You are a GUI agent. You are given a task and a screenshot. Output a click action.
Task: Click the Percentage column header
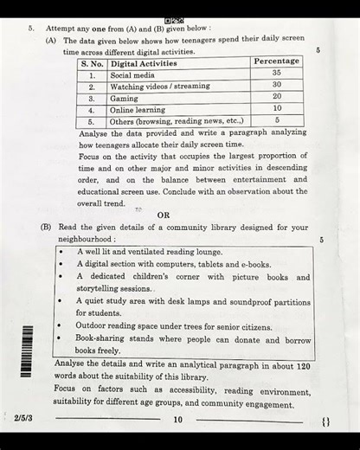(277, 61)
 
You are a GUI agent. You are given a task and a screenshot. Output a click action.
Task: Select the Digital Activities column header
(144, 63)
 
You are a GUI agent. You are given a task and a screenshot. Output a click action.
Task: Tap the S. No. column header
(93, 63)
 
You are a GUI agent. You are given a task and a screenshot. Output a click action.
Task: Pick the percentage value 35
(276, 74)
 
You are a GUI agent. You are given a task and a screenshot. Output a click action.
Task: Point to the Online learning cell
(138, 110)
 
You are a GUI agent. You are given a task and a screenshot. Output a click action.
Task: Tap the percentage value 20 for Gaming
(276, 96)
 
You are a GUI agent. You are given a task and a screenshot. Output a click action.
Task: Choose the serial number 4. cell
(92, 110)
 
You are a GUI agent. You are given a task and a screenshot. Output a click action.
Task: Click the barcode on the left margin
(27, 350)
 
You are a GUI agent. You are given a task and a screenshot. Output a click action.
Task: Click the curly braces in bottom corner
(325, 421)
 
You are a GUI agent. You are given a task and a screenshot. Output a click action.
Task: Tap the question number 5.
(30, 29)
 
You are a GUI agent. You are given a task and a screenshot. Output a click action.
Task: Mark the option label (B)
(46, 227)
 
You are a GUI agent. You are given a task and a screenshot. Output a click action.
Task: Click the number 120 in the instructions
(302, 366)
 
